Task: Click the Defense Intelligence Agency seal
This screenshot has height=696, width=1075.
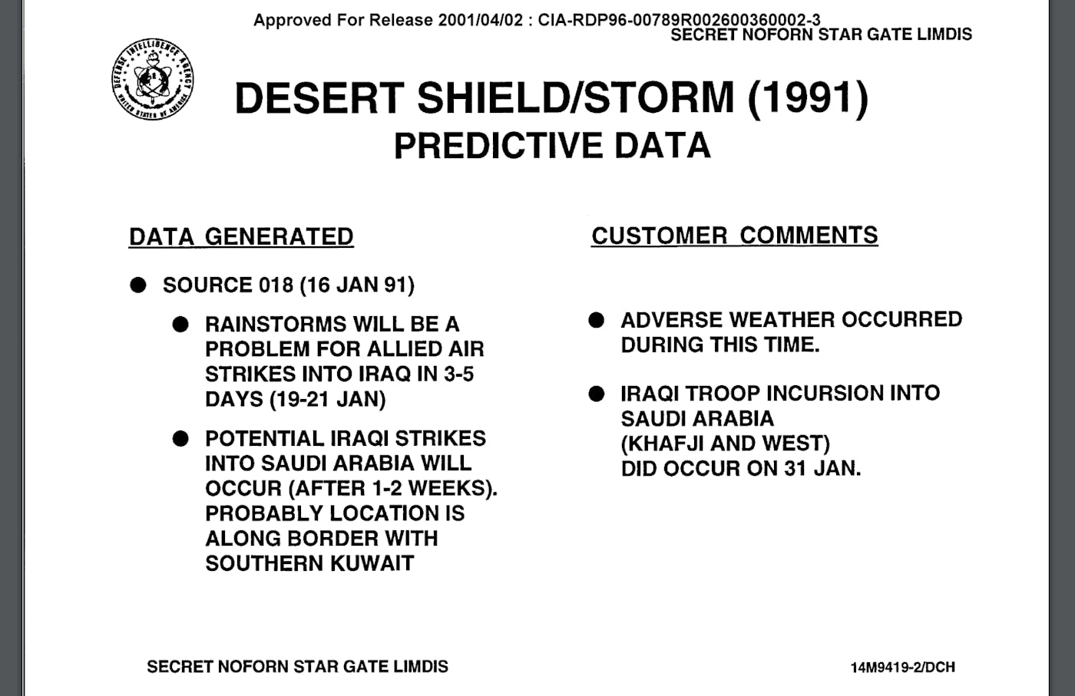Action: pyautogui.click(x=153, y=79)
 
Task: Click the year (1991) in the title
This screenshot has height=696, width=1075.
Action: pyautogui.click(x=808, y=98)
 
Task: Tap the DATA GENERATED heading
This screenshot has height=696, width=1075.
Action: pyautogui.click(x=241, y=236)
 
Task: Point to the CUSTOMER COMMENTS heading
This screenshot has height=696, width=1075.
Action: pyautogui.click(x=734, y=236)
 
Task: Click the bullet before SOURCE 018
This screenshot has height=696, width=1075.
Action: pyautogui.click(x=138, y=285)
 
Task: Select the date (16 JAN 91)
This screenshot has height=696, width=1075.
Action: pyautogui.click(x=357, y=285)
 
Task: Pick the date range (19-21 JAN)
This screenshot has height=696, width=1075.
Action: pyautogui.click(x=328, y=399)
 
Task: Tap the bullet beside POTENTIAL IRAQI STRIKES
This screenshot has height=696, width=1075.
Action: pyautogui.click(x=180, y=438)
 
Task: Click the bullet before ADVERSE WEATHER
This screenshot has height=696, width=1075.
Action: pyautogui.click(x=596, y=320)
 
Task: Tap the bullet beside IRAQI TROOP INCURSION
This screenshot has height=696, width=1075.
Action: pyautogui.click(x=596, y=394)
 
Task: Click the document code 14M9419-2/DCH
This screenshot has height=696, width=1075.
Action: pyautogui.click(x=903, y=667)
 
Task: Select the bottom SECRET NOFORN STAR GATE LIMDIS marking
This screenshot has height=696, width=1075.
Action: pyautogui.click(x=298, y=667)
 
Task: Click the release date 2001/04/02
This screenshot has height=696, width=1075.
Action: pyautogui.click(x=481, y=20)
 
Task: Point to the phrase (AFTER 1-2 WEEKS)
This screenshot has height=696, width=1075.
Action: pyautogui.click(x=393, y=488)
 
